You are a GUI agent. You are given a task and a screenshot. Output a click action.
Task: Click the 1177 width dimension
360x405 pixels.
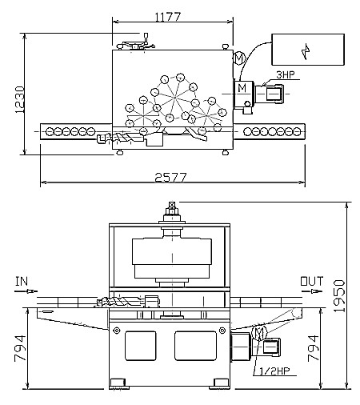coord(168,17)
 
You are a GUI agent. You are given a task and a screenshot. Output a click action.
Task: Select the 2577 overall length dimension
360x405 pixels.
coord(170,177)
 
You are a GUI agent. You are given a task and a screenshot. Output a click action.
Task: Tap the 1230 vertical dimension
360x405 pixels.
coord(19,99)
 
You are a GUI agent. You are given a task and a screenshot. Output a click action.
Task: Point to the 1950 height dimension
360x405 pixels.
coord(339,296)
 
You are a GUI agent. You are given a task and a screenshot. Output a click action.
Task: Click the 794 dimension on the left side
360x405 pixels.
coord(20,348)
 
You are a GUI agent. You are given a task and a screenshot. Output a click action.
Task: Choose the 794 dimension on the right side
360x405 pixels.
coord(313,348)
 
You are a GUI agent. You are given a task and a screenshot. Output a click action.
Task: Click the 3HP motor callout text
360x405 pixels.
coord(286,75)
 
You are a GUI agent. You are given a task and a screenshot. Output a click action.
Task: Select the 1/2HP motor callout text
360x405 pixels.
coord(274,371)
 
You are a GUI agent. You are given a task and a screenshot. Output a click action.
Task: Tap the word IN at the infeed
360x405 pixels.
coord(22,281)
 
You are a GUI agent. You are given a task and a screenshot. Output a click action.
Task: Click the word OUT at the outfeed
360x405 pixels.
coord(312,281)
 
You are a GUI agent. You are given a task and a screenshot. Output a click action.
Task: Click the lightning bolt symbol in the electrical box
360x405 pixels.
coord(306,51)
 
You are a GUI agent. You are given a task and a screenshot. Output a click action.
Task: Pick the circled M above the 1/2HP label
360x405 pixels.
coord(259,333)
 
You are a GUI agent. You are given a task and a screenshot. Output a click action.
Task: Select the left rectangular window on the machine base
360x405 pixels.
coord(140,346)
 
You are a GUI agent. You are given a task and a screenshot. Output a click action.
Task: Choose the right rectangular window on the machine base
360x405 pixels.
coord(195,346)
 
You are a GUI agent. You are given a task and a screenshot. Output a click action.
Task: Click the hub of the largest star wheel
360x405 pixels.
coord(174,98)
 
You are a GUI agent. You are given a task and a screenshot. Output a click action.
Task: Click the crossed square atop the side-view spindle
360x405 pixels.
coord(172,205)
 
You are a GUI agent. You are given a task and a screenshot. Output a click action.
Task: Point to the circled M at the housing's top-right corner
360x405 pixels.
coord(238,58)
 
